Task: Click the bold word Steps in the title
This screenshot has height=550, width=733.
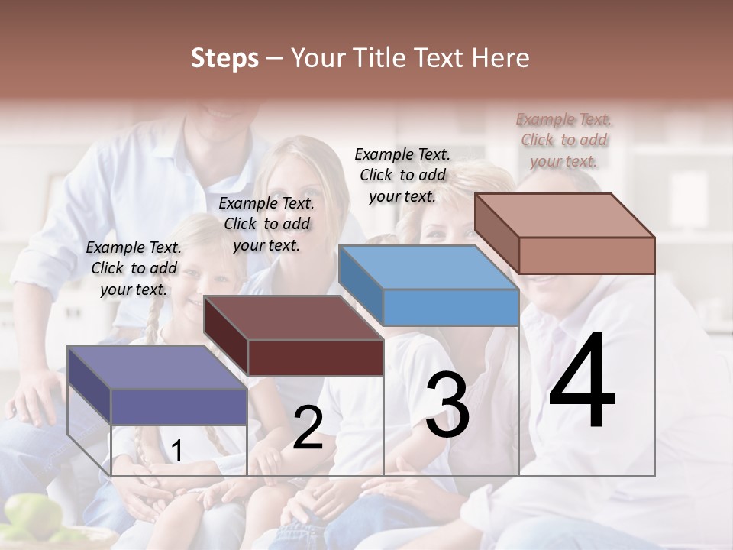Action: pyautogui.click(x=224, y=58)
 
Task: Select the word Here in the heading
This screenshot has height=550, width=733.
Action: pyautogui.click(x=501, y=58)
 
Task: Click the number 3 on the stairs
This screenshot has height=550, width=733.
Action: pyautogui.click(x=447, y=405)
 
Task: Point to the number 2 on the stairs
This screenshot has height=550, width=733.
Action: pyautogui.click(x=308, y=429)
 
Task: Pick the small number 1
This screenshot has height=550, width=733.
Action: pyautogui.click(x=176, y=451)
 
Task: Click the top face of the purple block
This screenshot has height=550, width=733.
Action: pyautogui.click(x=157, y=367)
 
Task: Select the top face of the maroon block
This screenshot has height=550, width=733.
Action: pyautogui.click(x=293, y=318)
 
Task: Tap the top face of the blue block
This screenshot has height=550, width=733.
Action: pyautogui.click(x=428, y=267)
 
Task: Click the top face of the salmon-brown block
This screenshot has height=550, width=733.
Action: pyautogui.click(x=564, y=215)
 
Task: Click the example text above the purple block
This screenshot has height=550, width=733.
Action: pyautogui.click(x=134, y=268)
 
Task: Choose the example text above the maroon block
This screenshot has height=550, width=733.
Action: pyautogui.click(x=266, y=224)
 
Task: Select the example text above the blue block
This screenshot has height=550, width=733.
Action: pyautogui.click(x=402, y=175)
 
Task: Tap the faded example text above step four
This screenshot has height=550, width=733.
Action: pyautogui.click(x=563, y=140)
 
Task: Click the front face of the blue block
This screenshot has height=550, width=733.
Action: pyautogui.click(x=450, y=308)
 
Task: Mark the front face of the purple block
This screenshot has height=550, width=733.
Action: pyautogui.click(x=179, y=406)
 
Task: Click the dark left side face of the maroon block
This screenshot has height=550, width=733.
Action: pyautogui.click(x=226, y=336)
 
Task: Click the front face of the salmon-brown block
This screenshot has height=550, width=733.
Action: pyautogui.click(x=586, y=255)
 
